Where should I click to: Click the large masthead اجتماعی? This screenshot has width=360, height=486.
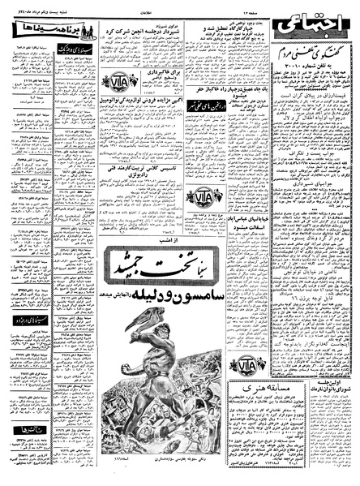click(x=318, y=32)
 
